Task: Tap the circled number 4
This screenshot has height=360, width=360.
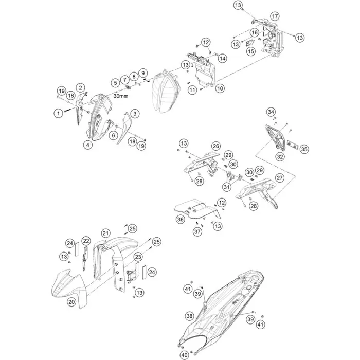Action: pyautogui.click(x=88, y=146)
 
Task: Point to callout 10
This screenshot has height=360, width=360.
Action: pyautogui.click(x=220, y=88)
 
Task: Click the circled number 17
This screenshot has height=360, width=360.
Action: pyautogui.click(x=274, y=15)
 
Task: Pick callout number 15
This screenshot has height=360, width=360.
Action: pyautogui.click(x=250, y=51)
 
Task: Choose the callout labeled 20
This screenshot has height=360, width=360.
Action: pyautogui.click(x=71, y=302)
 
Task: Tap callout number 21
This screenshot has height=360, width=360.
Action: pyautogui.click(x=105, y=233)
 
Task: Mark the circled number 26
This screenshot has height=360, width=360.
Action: pyautogui.click(x=215, y=146)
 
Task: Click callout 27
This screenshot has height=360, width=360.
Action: pyautogui.click(x=280, y=178)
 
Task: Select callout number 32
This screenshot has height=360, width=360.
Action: pyautogui.click(x=280, y=156)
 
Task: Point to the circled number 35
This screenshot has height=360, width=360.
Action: pyautogui.click(x=304, y=149)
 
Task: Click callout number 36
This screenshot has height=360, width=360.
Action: pyautogui.click(x=180, y=219)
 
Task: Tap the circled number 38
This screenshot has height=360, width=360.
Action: pyautogui.click(x=189, y=316)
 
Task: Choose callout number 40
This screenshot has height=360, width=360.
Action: pyautogui.click(x=184, y=355)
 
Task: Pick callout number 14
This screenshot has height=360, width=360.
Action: pyautogui.click(x=222, y=59)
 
